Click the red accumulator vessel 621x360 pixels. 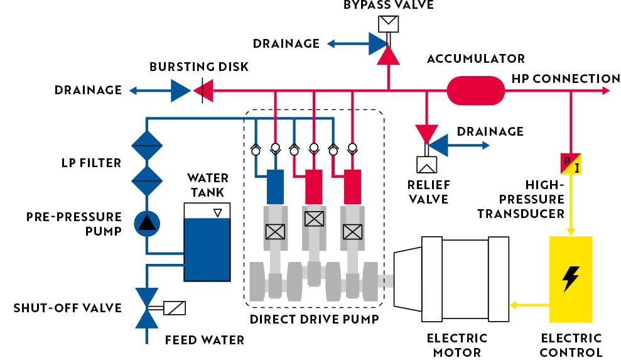[475, 90]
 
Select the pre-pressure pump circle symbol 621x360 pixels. [146, 222]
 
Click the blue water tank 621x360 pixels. [207, 249]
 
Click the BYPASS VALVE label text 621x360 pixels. [388, 6]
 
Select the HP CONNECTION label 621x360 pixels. [566, 79]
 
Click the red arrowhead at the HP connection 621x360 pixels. [605, 90]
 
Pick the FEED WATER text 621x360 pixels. [204, 341]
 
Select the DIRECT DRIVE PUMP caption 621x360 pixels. [314, 319]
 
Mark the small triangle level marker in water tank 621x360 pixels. [217, 213]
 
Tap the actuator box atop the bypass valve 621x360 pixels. [388, 24]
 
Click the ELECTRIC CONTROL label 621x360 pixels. [571, 345]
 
